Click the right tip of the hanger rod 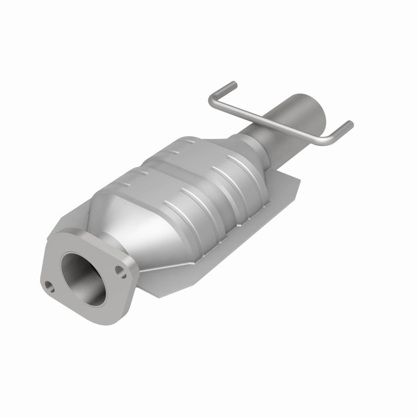coord(351,124)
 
